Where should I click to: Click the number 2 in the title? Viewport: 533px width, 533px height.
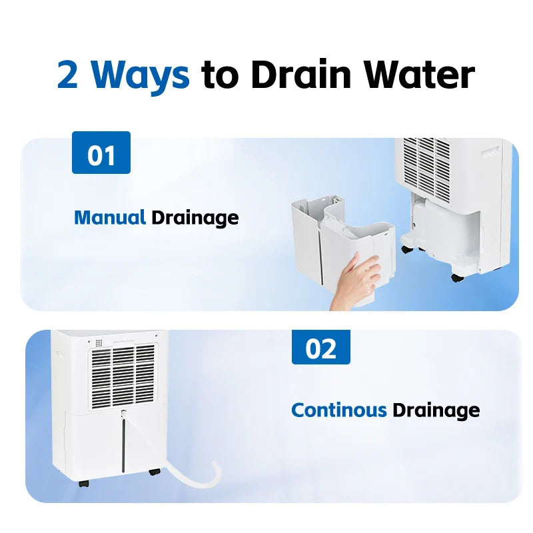(68, 75)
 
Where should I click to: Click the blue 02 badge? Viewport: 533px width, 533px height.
(320, 347)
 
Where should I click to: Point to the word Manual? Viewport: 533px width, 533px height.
(110, 217)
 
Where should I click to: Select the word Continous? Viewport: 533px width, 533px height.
(338, 409)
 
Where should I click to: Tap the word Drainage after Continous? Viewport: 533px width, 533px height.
(436, 410)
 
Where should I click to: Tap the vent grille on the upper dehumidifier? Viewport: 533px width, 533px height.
(426, 167)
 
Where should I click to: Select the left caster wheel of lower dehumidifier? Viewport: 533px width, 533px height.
(83, 483)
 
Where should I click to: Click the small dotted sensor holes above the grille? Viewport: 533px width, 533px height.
(99, 343)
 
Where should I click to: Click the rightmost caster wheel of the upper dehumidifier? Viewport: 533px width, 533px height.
(456, 277)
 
